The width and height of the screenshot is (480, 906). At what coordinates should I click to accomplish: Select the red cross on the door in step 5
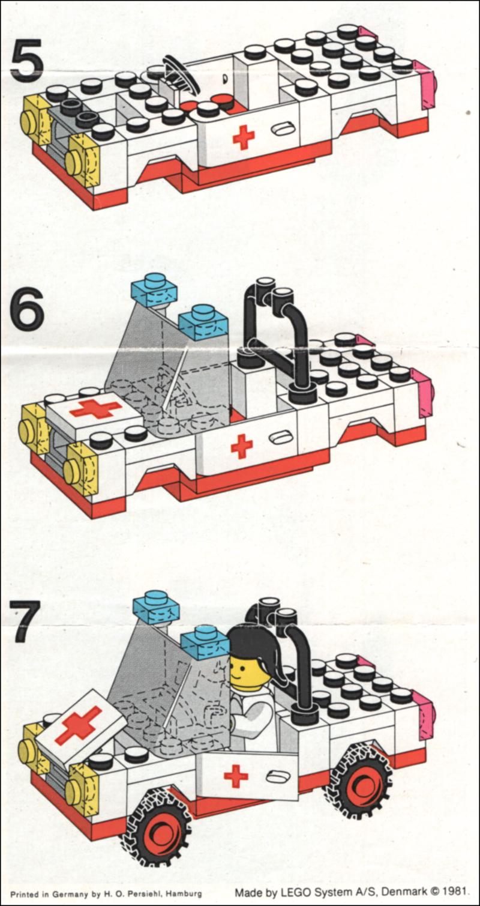[x=243, y=137]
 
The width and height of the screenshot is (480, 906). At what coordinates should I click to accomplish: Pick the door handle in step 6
[x=279, y=438]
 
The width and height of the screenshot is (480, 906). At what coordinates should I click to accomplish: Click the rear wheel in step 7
[x=359, y=781]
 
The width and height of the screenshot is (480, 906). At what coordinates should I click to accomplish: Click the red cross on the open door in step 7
[x=236, y=776]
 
